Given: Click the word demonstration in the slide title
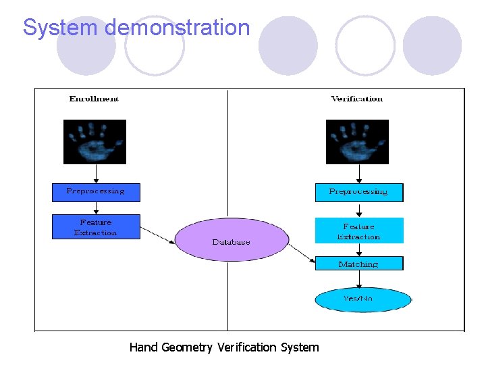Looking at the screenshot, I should click(178, 28).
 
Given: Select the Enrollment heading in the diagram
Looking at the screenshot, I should click(94, 99).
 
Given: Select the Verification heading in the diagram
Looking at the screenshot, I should click(356, 99).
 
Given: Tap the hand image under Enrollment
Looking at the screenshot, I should click(94, 142).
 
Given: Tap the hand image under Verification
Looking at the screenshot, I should click(357, 142).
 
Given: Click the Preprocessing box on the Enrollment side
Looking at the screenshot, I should click(97, 192).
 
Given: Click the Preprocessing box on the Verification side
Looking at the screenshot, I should click(358, 193).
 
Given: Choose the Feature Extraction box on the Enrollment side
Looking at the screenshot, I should click(96, 227).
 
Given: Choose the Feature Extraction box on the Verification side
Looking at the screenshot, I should click(358, 230).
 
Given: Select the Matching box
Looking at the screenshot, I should click(358, 264).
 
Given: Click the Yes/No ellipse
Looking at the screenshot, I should click(362, 299).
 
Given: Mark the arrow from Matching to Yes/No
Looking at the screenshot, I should click(359, 279).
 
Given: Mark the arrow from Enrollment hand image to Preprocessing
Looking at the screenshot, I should click(95, 174).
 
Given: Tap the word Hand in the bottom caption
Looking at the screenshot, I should click(143, 347).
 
